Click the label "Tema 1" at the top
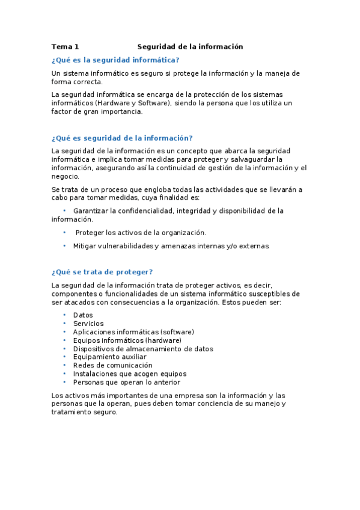(x=65, y=46)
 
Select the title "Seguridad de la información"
(x=190, y=46)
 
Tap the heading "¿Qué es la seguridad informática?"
(x=115, y=60)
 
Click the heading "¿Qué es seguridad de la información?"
(x=122, y=138)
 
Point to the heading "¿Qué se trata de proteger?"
(x=102, y=272)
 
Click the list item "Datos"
(x=83, y=315)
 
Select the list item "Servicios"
(x=88, y=323)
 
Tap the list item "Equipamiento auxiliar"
(x=109, y=357)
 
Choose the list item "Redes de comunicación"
(x=112, y=365)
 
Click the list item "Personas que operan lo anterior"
(x=126, y=382)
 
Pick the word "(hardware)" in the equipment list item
(x=159, y=340)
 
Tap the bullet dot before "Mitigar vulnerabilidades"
(x=64, y=245)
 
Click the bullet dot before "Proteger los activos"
(x=64, y=232)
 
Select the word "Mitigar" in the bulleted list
(x=85, y=246)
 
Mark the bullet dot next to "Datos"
(x=64, y=315)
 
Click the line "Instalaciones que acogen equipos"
(x=130, y=373)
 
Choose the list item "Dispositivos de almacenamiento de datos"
(x=143, y=348)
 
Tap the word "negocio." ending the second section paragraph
(x=65, y=176)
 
